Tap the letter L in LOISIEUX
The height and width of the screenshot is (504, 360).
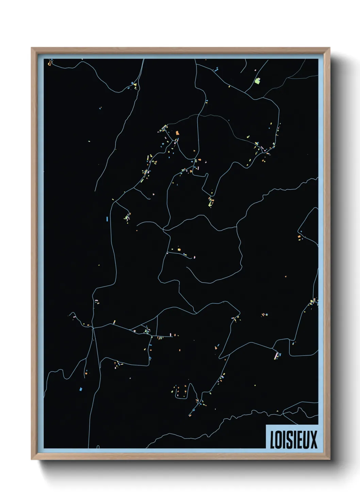pyautogui.click(x=272, y=440)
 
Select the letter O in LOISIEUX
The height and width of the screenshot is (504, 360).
pyautogui.click(x=278, y=440)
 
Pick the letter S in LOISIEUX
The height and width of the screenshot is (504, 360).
pyautogui.click(x=288, y=440)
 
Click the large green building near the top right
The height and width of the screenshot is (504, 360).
pyautogui.click(x=257, y=81)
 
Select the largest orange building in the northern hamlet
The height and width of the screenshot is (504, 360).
pyautogui.click(x=177, y=133)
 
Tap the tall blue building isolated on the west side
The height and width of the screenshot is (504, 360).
pyautogui.click(x=107, y=219)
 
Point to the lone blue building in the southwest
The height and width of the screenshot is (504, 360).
pyautogui.click(x=81, y=389)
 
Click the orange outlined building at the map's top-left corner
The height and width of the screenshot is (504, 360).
pyautogui.click(x=50, y=63)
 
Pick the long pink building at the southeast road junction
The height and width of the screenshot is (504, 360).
pyautogui.click(x=276, y=356)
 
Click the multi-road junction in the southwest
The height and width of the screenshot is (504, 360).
pyautogui.click(x=93, y=328)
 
